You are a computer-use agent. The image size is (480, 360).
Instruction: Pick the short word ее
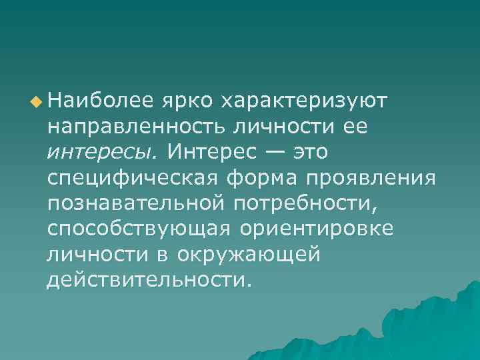(x=353, y=127)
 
